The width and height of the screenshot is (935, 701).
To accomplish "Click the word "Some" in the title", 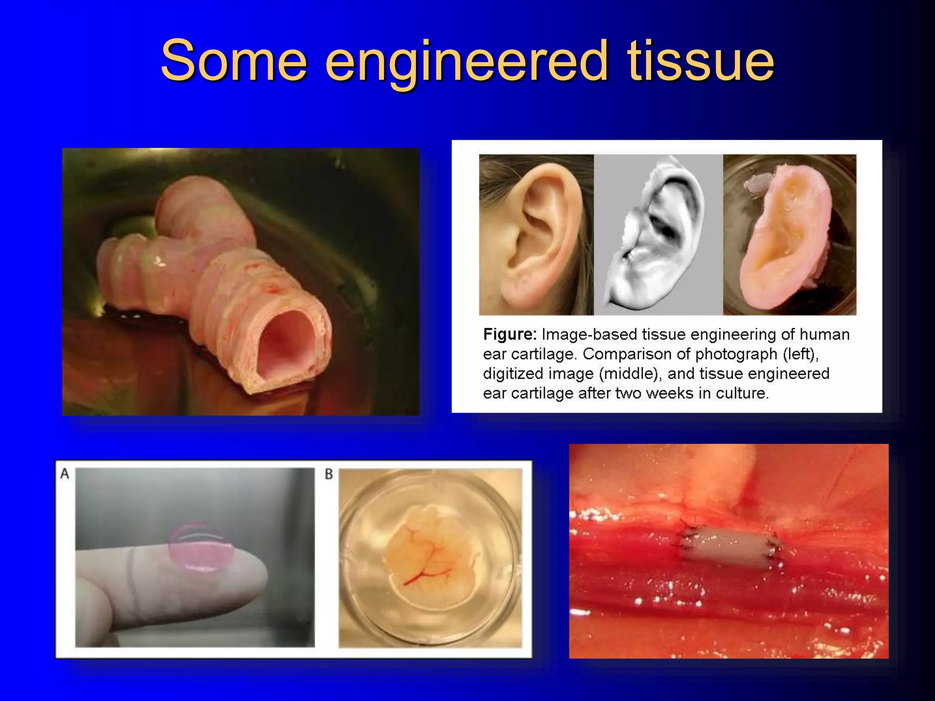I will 234,60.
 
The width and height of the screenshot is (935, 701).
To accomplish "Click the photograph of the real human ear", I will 536,235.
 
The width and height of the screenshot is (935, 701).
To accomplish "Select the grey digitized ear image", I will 658,235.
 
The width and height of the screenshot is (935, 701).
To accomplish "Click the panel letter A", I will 65,474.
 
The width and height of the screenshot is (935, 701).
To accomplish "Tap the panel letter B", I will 329,475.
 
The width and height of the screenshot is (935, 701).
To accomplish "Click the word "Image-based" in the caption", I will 589,335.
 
